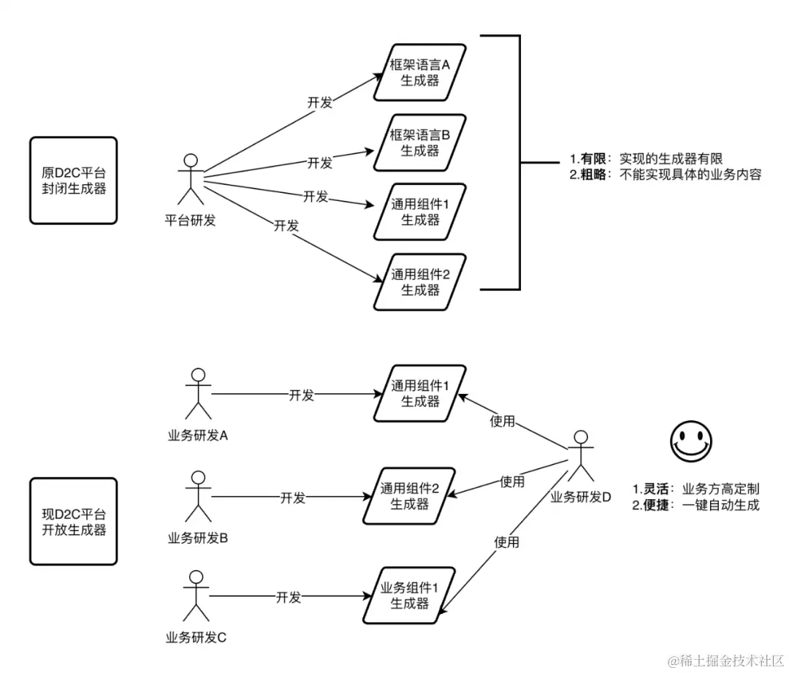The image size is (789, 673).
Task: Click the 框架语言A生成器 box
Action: [x=420, y=73]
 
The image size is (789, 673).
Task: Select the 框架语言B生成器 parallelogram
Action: [x=420, y=142]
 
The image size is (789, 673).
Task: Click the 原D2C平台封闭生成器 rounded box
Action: [x=73, y=180]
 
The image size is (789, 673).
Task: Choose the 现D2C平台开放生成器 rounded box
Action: [x=73, y=521]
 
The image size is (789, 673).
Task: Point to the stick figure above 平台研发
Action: [x=191, y=179]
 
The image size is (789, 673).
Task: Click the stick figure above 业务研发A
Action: [x=197, y=394]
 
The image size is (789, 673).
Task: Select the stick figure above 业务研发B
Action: [x=197, y=497]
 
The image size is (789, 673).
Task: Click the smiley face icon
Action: [x=690, y=440]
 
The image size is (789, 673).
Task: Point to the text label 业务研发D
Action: [x=580, y=497]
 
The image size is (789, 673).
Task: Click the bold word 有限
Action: [x=595, y=159]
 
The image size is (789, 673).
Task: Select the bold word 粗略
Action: [x=595, y=175]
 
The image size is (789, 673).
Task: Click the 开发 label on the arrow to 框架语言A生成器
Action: [x=319, y=102]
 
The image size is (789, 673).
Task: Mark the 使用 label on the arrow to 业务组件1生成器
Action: [x=506, y=542]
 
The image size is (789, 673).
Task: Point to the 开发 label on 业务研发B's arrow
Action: [x=292, y=498]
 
